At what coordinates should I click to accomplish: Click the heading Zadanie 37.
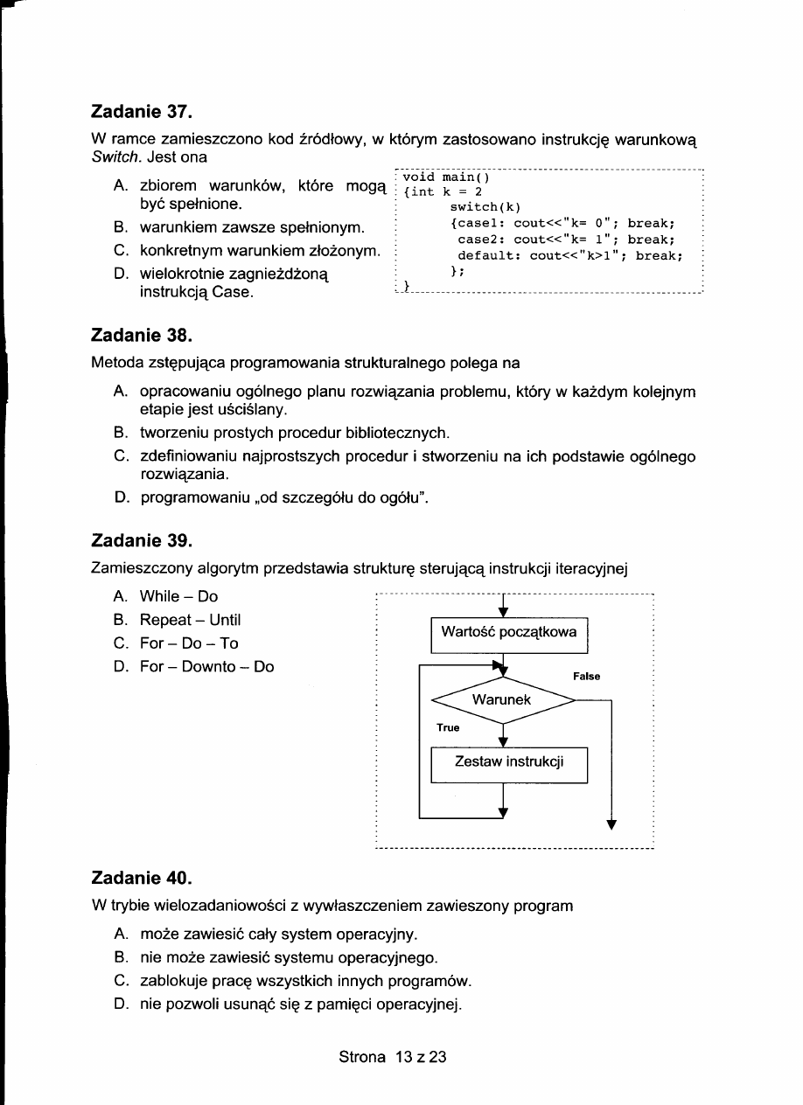click(141, 113)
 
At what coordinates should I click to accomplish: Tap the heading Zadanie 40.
click(141, 877)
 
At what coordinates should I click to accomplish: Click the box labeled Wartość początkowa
click(509, 633)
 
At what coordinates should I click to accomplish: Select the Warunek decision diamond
click(503, 700)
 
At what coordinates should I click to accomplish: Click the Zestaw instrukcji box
click(509, 762)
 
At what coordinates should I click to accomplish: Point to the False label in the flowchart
click(586, 677)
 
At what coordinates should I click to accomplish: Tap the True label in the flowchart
click(448, 727)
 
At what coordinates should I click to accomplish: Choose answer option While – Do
click(178, 597)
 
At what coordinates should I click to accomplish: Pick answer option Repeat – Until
click(190, 621)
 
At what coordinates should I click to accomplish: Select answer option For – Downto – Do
click(206, 667)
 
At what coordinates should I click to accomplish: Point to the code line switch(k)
click(485, 208)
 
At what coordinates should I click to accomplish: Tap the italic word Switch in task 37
click(112, 157)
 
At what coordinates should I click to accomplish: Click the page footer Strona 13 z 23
click(393, 1057)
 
